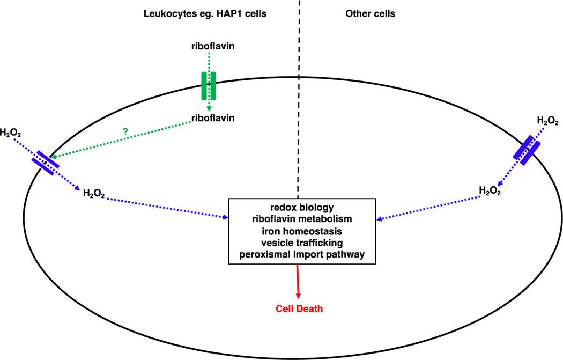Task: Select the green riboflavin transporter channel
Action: [209, 85]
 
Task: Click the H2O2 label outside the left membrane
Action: [11, 133]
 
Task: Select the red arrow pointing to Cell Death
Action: [297, 282]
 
